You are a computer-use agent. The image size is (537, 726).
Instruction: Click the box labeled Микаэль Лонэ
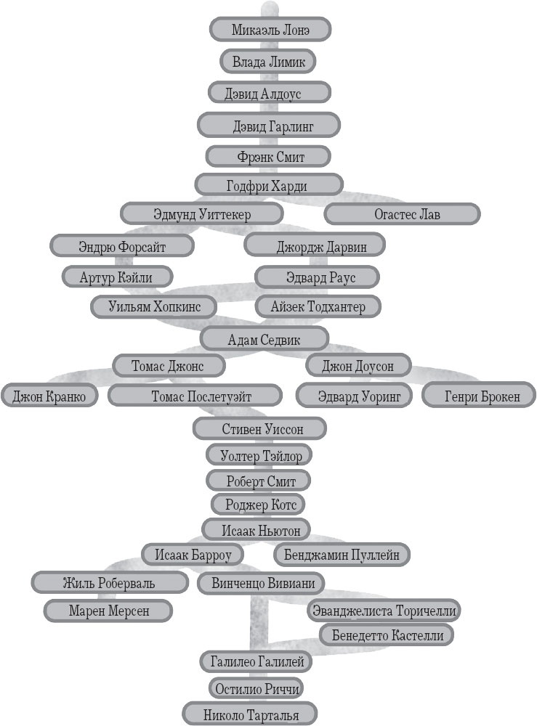(270, 30)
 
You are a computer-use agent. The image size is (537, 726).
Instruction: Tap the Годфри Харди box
(270, 186)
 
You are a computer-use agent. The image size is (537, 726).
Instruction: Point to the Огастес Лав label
(402, 215)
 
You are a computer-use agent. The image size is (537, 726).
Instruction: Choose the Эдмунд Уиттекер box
(201, 214)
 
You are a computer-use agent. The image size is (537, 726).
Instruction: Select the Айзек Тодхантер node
(318, 307)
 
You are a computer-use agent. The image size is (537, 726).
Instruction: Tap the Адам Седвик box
(265, 338)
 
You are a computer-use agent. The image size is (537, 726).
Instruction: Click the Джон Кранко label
(49, 396)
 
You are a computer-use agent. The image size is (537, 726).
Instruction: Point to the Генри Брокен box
(480, 396)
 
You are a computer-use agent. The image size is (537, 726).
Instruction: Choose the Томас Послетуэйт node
(195, 396)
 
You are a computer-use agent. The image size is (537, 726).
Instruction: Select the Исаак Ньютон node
(256, 530)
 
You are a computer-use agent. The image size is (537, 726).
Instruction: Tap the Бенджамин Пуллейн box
(342, 555)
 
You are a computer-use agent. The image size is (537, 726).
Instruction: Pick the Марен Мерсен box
(109, 611)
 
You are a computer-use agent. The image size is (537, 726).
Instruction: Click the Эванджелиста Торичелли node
(384, 611)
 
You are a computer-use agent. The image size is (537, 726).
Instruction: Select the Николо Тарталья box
(251, 714)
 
